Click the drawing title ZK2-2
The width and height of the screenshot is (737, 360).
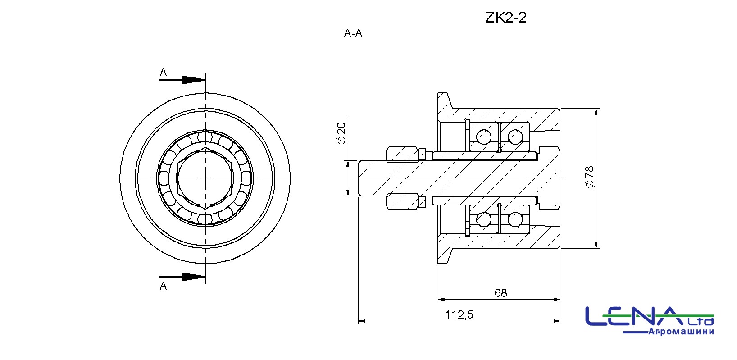tap(506, 18)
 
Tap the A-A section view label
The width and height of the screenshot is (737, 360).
tap(353, 33)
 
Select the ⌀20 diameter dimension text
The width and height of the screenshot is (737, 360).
tap(341, 133)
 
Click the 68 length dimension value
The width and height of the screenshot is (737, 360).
tap(501, 293)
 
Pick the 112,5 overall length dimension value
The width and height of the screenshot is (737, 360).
tap(459, 315)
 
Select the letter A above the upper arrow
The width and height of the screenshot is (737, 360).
tap(163, 72)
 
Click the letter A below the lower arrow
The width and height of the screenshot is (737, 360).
tap(163, 286)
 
